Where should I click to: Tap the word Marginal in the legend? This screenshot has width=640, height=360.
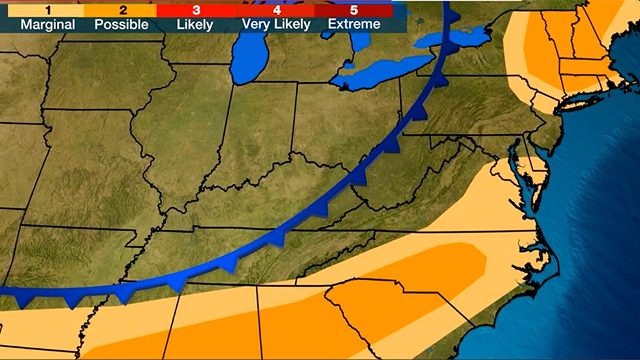(48, 25)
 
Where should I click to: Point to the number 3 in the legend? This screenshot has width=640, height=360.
(195, 10)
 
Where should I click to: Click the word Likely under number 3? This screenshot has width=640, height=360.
(195, 25)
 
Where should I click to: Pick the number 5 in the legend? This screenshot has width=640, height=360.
(355, 10)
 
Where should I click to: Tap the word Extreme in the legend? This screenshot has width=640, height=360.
(355, 25)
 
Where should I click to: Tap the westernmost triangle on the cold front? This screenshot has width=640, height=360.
(25, 301)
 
